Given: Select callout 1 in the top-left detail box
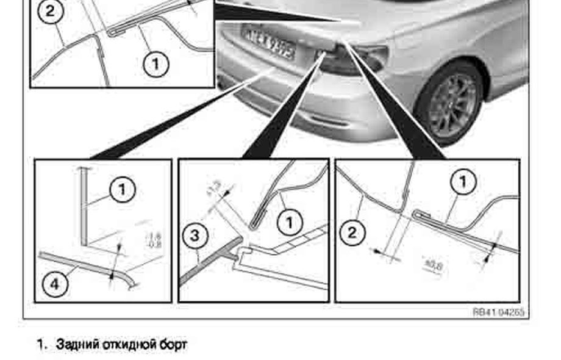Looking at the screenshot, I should pos(155,63).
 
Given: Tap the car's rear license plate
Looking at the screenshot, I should pos(269,42).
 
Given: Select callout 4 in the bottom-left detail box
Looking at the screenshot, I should pos(55,285).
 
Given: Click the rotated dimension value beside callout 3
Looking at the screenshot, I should pos(215,191).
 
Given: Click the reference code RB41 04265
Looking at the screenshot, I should pos(499,312).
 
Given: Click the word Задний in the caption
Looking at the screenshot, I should pos(74,345).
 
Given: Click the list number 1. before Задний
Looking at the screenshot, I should pos(41,345).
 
